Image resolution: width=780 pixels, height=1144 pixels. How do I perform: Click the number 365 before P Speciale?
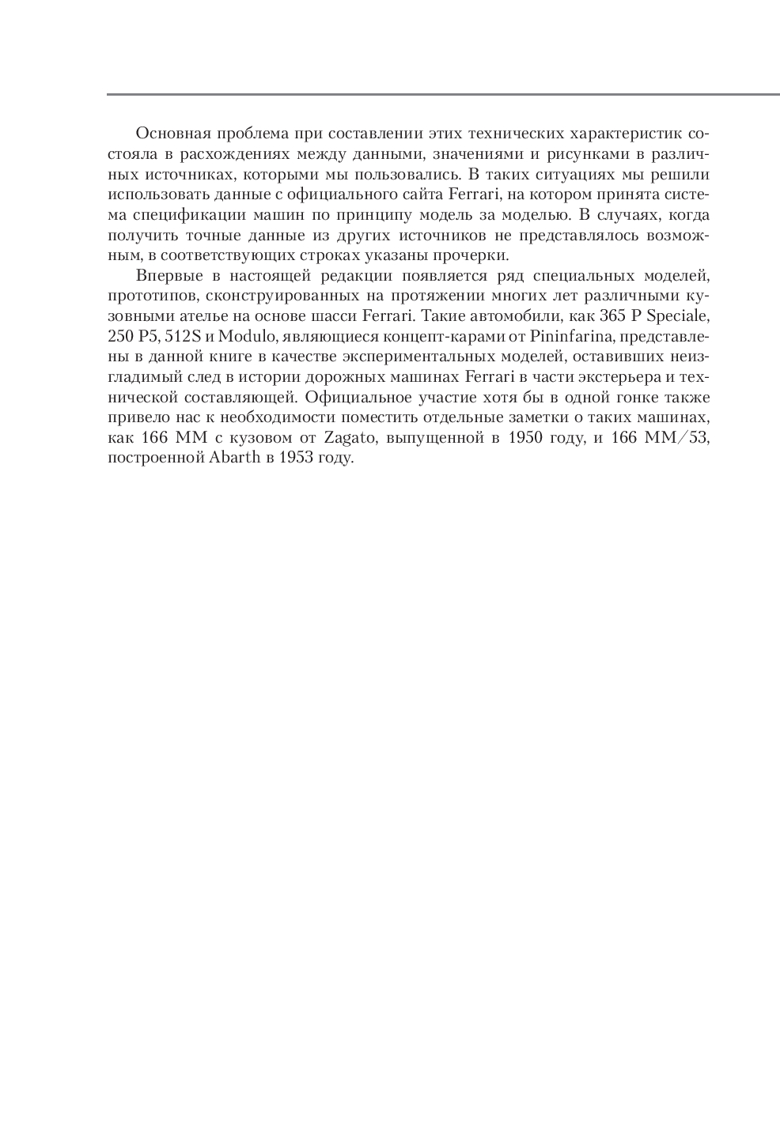(x=605, y=317)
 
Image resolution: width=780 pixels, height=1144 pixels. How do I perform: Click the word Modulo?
(x=247, y=338)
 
